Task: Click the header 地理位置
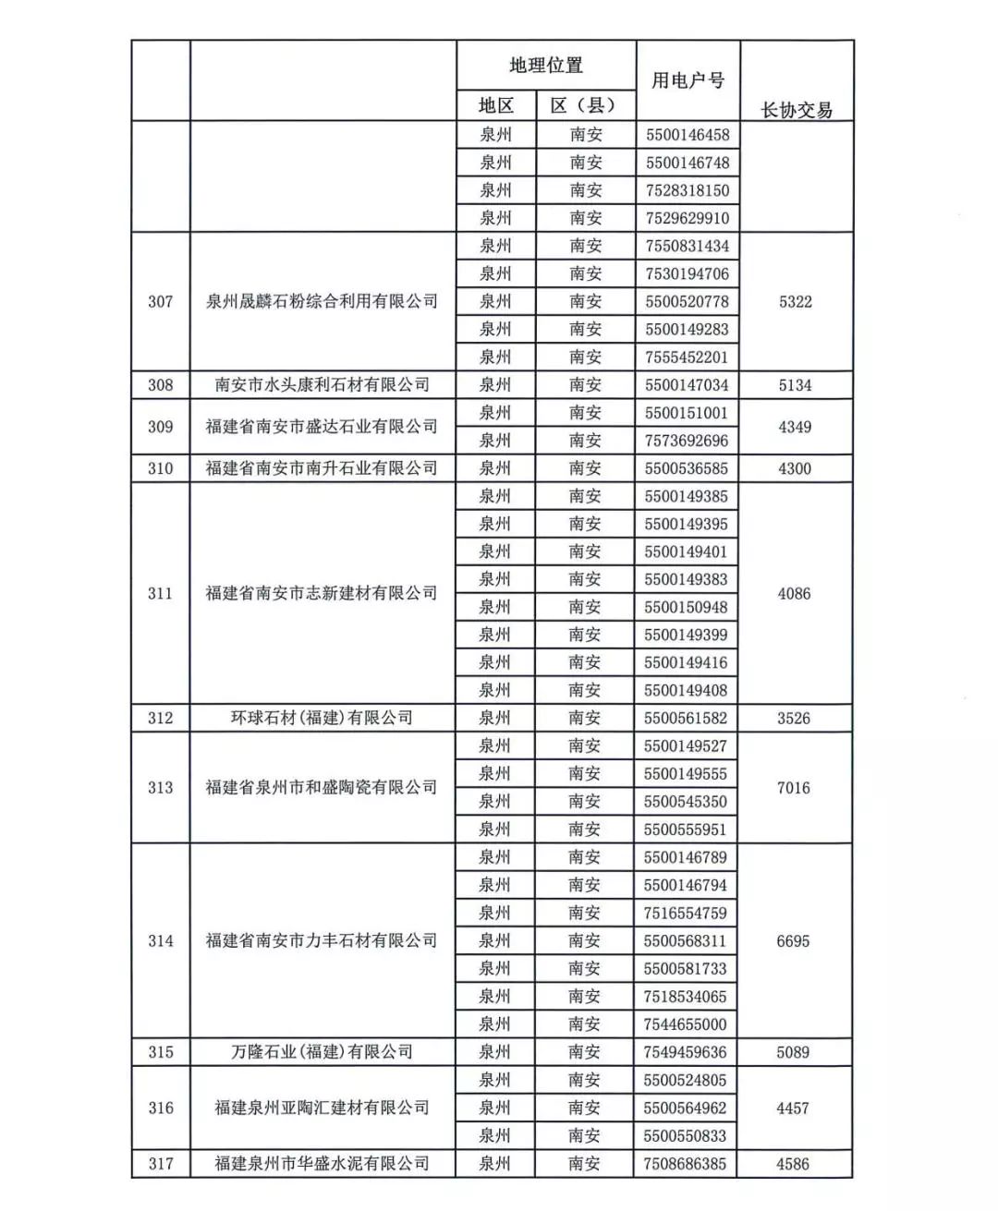tap(546, 66)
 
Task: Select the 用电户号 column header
tap(688, 80)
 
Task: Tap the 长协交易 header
tap(796, 110)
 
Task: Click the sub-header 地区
tap(496, 106)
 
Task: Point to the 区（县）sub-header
tap(585, 106)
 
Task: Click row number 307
tap(161, 301)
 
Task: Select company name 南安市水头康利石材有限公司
tap(323, 385)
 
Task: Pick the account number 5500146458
tap(688, 135)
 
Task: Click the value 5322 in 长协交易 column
tap(796, 301)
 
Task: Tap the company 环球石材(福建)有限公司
tap(323, 718)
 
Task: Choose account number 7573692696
tap(687, 441)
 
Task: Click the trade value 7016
tap(794, 788)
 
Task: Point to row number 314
tap(161, 940)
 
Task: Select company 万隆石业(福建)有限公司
tap(323, 1052)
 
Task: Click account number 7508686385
tap(686, 1164)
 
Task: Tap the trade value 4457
tap(793, 1108)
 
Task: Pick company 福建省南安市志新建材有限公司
tap(323, 593)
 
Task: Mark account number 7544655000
tap(686, 1024)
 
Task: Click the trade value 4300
tap(795, 468)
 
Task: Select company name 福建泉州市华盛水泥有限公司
tap(323, 1164)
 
